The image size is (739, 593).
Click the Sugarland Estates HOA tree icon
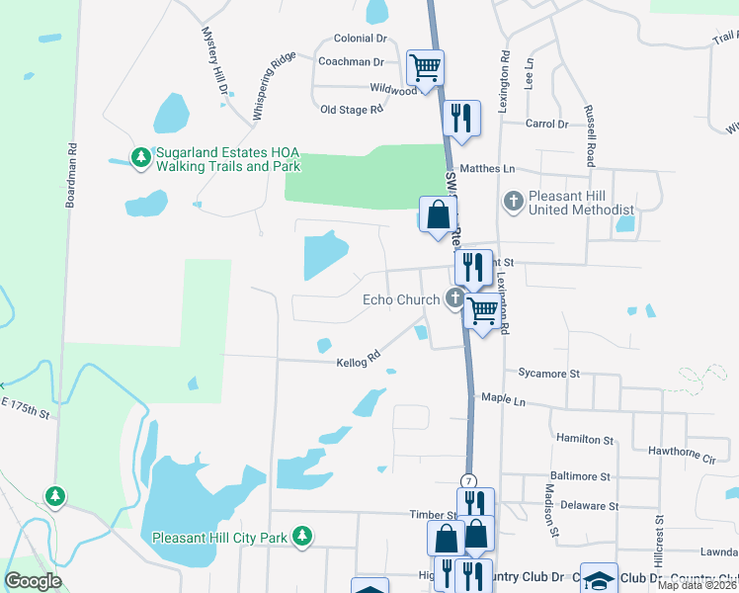[141, 157]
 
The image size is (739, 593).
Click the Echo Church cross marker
[455, 298]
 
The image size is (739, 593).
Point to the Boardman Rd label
[71, 178]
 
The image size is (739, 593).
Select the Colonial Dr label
[360, 39]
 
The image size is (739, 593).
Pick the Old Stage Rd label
[351, 110]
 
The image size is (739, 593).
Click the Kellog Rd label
[360, 358]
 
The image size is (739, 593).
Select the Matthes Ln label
[487, 169]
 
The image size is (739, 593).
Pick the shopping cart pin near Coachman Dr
[425, 68]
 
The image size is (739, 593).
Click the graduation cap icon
[599, 579]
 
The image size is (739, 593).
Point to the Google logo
[33, 581]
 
